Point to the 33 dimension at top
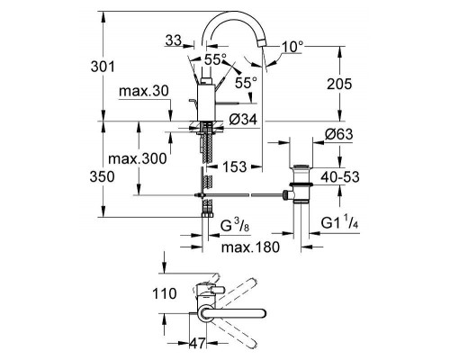tap(175, 40)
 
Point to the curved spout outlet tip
tap(263, 56)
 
